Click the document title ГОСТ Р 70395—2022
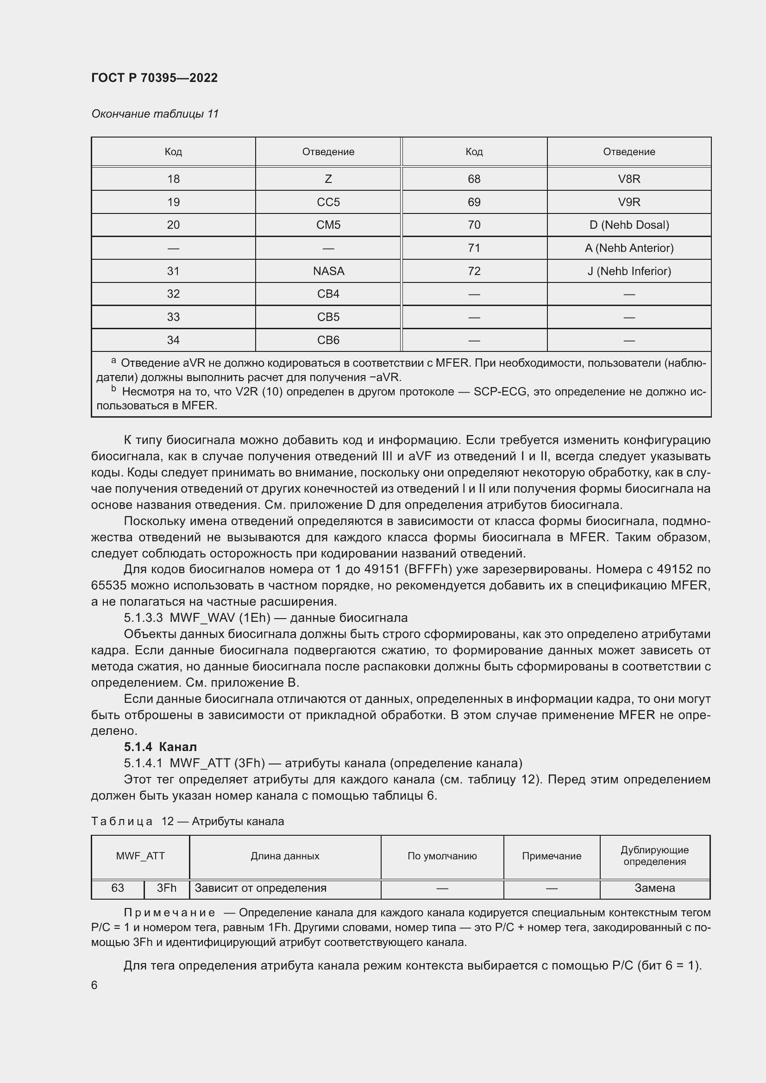(154, 78)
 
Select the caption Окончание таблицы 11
(155, 114)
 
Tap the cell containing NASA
(328, 271)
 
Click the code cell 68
(474, 179)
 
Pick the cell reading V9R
(629, 202)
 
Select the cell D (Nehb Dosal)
(629, 225)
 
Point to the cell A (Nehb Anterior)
(629, 248)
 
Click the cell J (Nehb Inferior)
(629, 271)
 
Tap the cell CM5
(328, 225)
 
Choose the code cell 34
(173, 340)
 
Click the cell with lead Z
(328, 179)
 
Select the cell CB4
(328, 294)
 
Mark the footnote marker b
(113, 388)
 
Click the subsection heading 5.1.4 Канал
(160, 747)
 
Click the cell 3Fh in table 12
(167, 888)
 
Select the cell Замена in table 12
(654, 888)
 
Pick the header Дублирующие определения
(654, 856)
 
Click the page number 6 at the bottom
(94, 985)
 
